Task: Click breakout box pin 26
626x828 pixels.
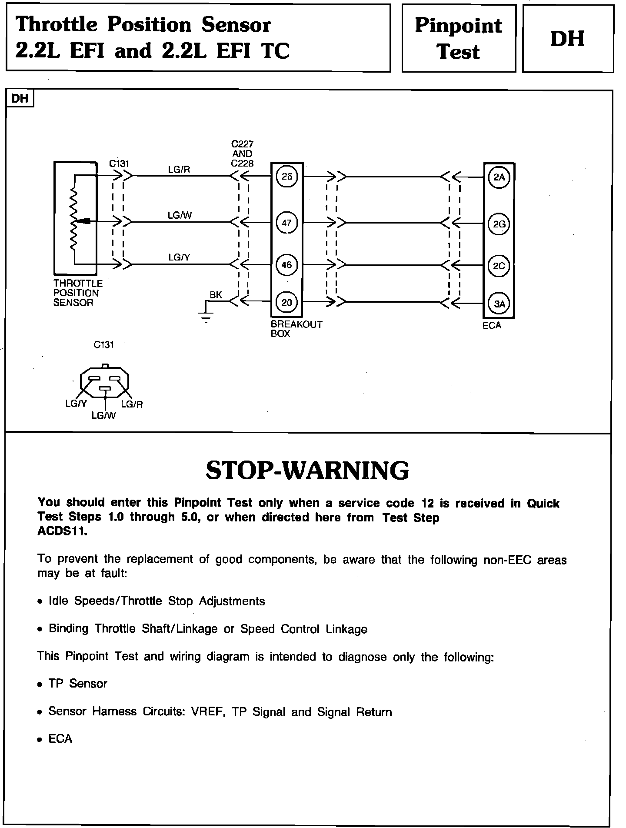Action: [287, 176]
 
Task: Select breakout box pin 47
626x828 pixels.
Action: [287, 223]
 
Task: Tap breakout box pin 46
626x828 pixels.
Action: [287, 265]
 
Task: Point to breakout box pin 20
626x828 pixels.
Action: [287, 302]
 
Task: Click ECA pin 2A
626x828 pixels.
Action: [499, 177]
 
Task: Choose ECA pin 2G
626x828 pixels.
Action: [499, 224]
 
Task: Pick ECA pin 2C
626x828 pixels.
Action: [499, 266]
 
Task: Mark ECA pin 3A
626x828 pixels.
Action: [499, 304]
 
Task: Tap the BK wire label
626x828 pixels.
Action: [216, 295]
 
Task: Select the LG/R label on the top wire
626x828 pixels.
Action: [179, 170]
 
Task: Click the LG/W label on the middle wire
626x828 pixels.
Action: [180, 215]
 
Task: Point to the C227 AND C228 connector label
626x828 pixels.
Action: [242, 154]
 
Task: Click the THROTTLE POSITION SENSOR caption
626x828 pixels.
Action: [77, 293]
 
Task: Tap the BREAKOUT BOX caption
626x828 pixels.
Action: [296, 329]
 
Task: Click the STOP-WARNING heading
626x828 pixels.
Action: [307, 471]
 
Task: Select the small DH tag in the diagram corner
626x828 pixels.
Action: [20, 99]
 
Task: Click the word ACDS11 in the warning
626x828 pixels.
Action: [62, 532]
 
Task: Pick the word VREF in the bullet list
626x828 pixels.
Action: [207, 712]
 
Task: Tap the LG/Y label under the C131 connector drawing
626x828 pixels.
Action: [76, 404]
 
